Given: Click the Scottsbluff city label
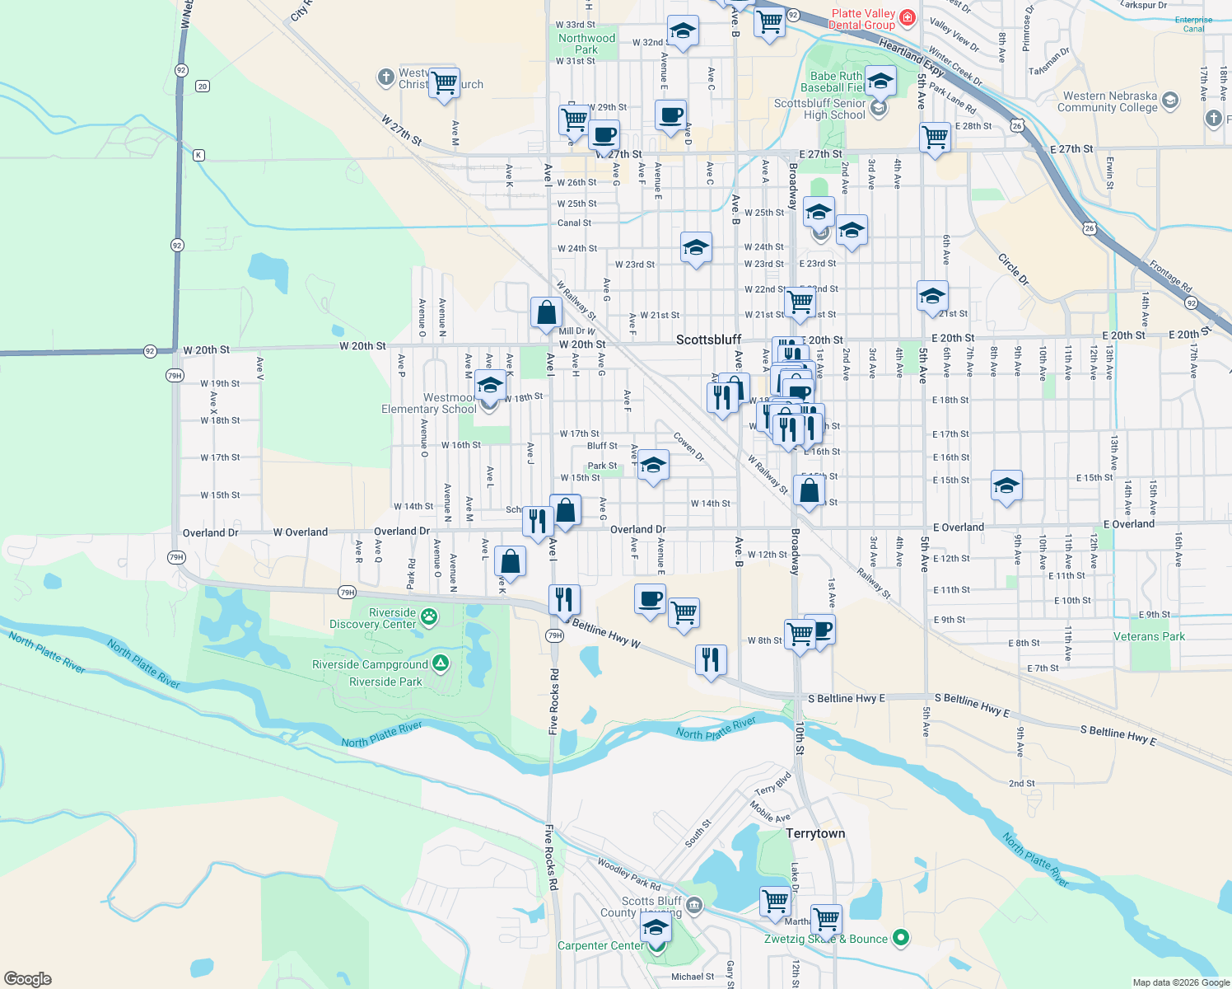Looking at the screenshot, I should [x=708, y=340].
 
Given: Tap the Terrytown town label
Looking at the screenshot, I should [x=815, y=833].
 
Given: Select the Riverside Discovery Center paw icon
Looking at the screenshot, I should [x=428, y=616].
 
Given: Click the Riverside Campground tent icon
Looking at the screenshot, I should [x=441, y=663].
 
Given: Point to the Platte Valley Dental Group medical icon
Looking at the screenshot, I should [x=907, y=16].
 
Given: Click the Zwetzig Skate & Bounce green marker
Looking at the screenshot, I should [x=901, y=937].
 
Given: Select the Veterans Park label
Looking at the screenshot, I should [x=1149, y=636].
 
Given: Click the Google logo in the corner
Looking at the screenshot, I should [x=28, y=978].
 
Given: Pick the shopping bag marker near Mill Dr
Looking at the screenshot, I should [x=546, y=313].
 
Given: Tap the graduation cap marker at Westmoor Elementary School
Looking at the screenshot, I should [x=490, y=385].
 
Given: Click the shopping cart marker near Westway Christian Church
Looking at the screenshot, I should [x=444, y=82].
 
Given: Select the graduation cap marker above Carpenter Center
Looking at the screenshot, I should [x=656, y=927].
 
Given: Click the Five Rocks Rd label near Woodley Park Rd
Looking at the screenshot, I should [x=550, y=857].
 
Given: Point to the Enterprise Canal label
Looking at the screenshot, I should [x=1193, y=24].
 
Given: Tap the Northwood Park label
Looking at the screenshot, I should [x=586, y=44].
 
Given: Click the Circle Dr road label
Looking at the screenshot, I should [x=1013, y=270].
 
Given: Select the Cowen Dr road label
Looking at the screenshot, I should [x=688, y=447].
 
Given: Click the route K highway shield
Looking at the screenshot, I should [x=198, y=155].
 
